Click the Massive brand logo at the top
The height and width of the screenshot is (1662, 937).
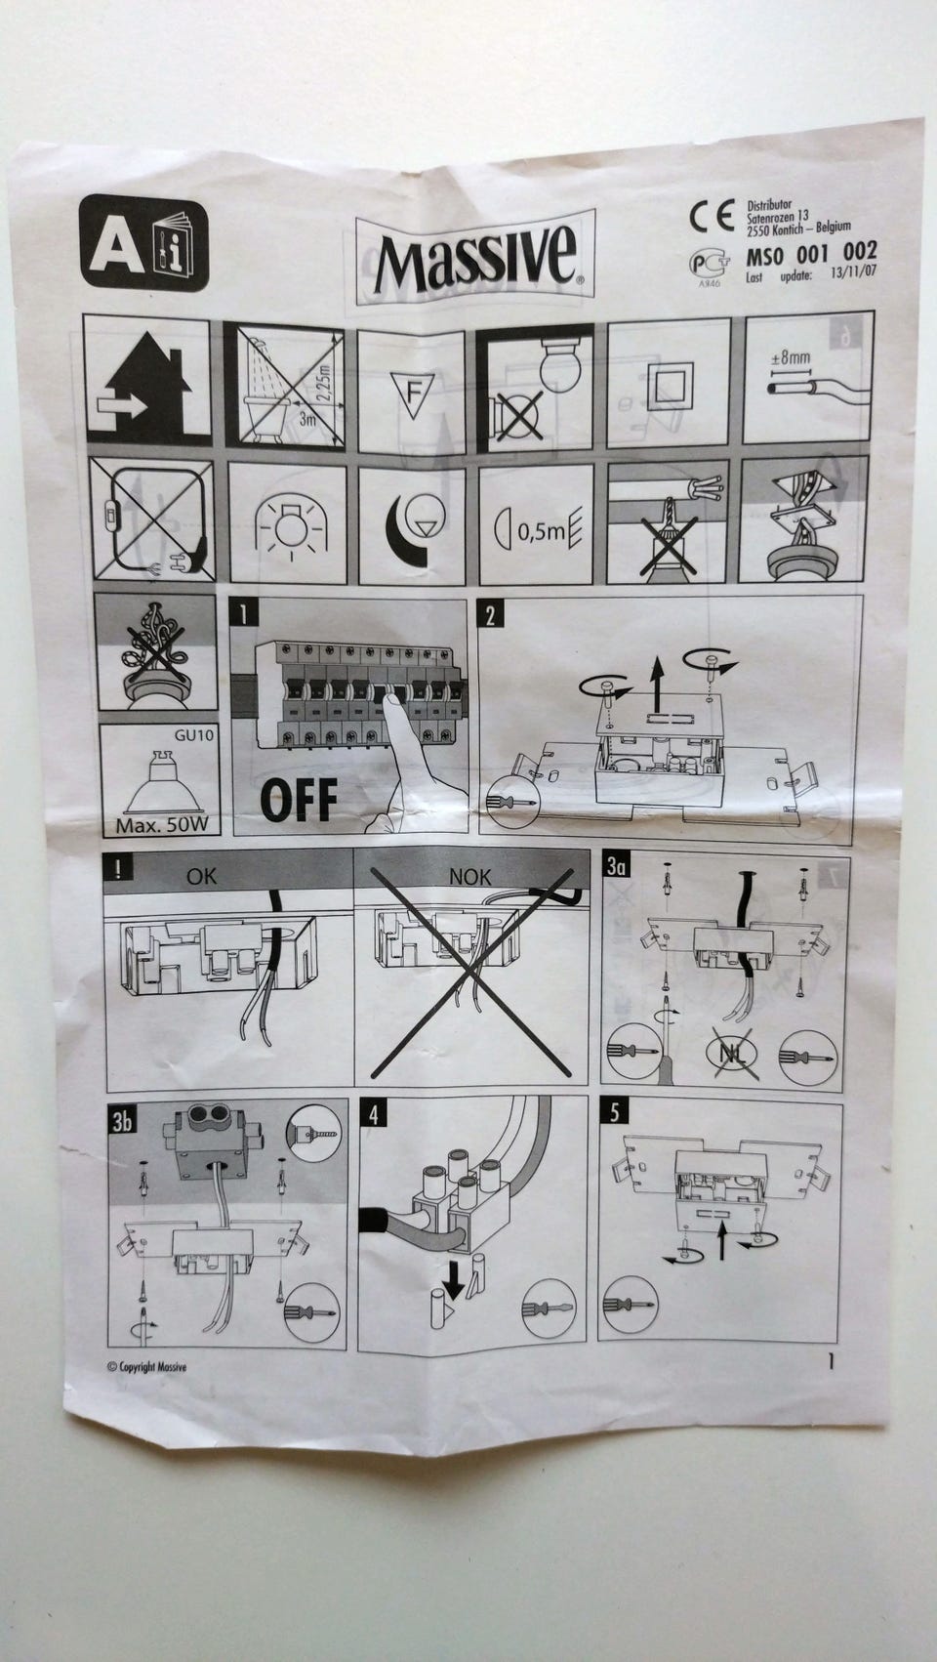(x=474, y=261)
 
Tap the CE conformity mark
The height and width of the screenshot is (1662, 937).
(x=713, y=216)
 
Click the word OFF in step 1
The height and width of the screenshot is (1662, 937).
(x=299, y=800)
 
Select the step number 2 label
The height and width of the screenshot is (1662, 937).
(x=490, y=615)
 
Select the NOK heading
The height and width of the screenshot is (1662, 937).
(x=470, y=877)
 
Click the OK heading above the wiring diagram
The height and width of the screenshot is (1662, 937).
(x=202, y=876)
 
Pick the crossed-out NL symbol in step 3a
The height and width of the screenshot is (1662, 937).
(x=732, y=1053)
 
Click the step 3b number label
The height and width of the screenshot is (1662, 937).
(x=122, y=1121)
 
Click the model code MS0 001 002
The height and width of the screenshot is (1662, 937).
(x=811, y=254)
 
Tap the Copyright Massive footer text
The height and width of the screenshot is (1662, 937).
(x=146, y=1367)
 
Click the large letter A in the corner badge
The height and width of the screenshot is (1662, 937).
(x=116, y=246)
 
